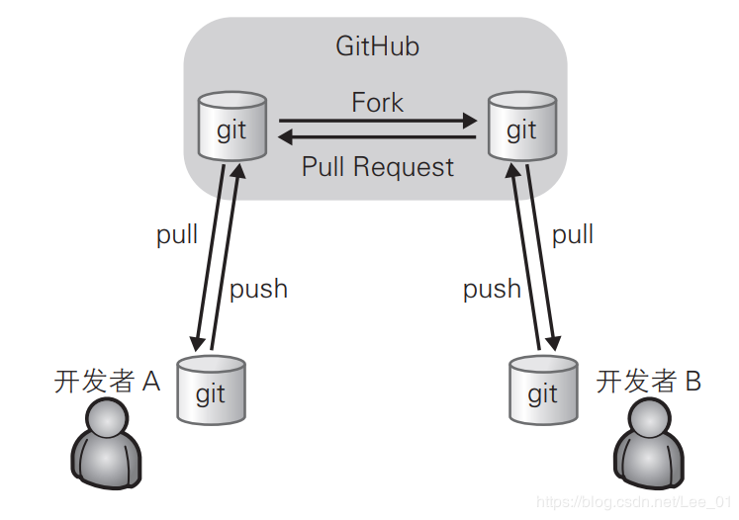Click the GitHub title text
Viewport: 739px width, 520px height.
click(377, 46)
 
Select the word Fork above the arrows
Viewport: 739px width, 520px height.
click(378, 102)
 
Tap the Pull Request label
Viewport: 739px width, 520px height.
click(378, 167)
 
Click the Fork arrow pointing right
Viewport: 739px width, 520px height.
click(378, 121)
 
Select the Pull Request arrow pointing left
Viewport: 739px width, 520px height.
click(377, 137)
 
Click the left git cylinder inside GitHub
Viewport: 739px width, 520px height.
click(232, 126)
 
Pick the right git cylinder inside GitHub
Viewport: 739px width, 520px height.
click(522, 126)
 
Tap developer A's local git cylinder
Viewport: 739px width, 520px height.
click(211, 390)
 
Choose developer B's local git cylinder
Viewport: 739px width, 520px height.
click(543, 390)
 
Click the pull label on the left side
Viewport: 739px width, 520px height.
click(177, 234)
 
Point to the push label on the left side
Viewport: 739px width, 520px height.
click(258, 289)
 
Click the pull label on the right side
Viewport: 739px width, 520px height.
click(573, 234)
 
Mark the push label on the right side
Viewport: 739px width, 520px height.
click(492, 289)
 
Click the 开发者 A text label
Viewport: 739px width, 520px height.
click(108, 381)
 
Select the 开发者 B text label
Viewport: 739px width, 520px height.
click(649, 381)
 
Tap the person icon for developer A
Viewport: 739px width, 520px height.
click(107, 443)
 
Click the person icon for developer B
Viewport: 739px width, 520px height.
click(649, 443)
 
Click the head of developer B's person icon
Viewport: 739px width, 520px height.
click(649, 419)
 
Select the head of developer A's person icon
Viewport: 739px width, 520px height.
click(107, 419)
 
